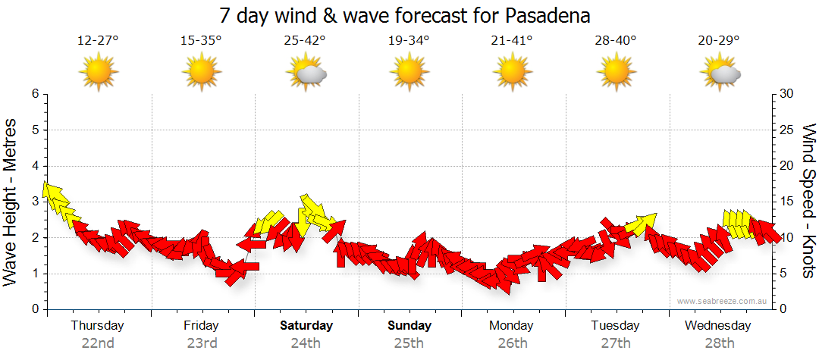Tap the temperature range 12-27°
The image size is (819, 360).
98,40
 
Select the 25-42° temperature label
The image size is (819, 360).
305,40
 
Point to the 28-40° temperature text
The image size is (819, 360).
616,40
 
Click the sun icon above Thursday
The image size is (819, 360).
98,73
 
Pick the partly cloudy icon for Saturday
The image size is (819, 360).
306,74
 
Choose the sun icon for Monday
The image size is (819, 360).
512,73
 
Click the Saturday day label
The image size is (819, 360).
306,326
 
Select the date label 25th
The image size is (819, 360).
409,343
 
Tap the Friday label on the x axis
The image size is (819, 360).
201,326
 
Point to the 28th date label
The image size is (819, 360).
718,343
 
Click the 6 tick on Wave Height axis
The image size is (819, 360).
34,94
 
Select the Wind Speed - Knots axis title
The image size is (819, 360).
808,201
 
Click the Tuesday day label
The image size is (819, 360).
615,326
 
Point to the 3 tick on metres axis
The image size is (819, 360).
34,202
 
